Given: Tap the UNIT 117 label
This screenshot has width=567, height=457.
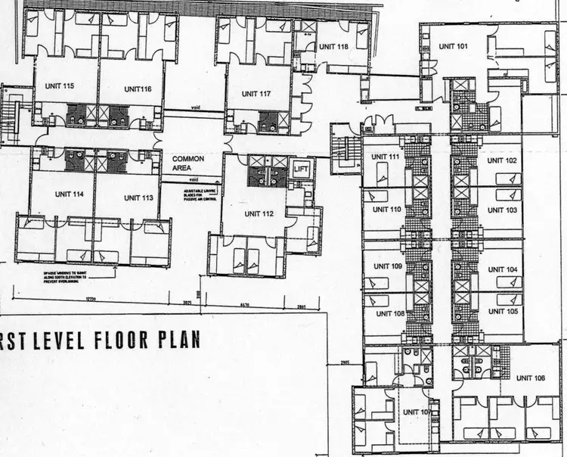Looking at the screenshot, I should pos(256,94).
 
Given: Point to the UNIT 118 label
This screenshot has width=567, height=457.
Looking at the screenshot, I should pos(333,47).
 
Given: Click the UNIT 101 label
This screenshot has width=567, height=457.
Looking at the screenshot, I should pos(453,46).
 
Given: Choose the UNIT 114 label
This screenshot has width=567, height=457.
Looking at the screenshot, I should pos(69,194).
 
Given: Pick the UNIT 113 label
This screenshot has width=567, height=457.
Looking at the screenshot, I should pos(138,198).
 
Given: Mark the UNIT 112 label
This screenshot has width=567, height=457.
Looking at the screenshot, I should pos(258,213).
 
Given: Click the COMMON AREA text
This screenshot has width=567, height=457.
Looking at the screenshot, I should pos(188,163).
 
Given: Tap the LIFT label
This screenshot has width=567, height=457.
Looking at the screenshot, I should pos(301,169).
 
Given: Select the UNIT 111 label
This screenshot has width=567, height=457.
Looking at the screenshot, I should pos(386,157).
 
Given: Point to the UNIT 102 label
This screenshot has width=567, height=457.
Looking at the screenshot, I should pos(502,160).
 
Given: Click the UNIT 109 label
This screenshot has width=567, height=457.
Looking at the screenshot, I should pos(387,266).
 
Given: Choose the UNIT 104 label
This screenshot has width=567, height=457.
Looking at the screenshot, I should pos(502,269).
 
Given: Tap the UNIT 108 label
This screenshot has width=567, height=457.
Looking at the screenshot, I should pos(389,313).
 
